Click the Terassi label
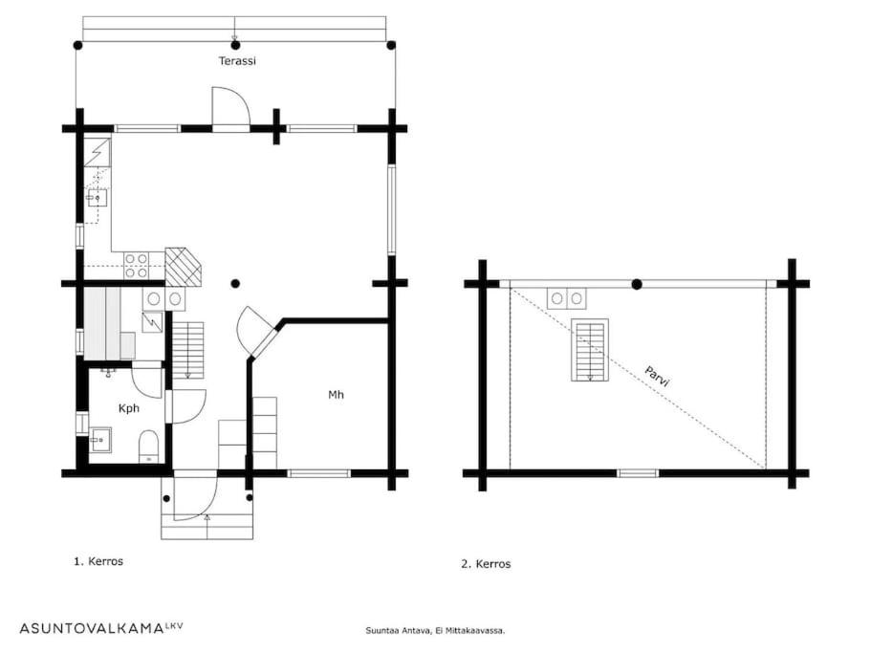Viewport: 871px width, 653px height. [x=237, y=61]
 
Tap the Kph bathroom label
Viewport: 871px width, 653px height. [x=129, y=408]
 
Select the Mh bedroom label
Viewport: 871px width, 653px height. [x=337, y=395]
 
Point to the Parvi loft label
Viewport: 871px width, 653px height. [x=658, y=376]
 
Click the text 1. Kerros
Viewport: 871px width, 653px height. [x=98, y=561]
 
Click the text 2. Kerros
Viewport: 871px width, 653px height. [x=486, y=564]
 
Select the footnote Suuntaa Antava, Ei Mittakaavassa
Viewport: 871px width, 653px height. [x=435, y=631]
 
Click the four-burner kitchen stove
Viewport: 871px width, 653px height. [x=137, y=266]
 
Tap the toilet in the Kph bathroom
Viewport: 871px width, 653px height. [x=148, y=446]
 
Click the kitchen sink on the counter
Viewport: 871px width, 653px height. [x=98, y=197]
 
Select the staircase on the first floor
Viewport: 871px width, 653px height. [x=188, y=350]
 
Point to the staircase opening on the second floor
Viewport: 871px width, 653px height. [x=590, y=350]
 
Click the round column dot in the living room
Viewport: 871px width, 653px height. [x=235, y=284]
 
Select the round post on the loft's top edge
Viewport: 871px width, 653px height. [x=637, y=284]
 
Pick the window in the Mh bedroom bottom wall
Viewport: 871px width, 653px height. [x=318, y=473]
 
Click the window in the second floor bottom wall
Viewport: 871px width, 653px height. [x=638, y=473]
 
